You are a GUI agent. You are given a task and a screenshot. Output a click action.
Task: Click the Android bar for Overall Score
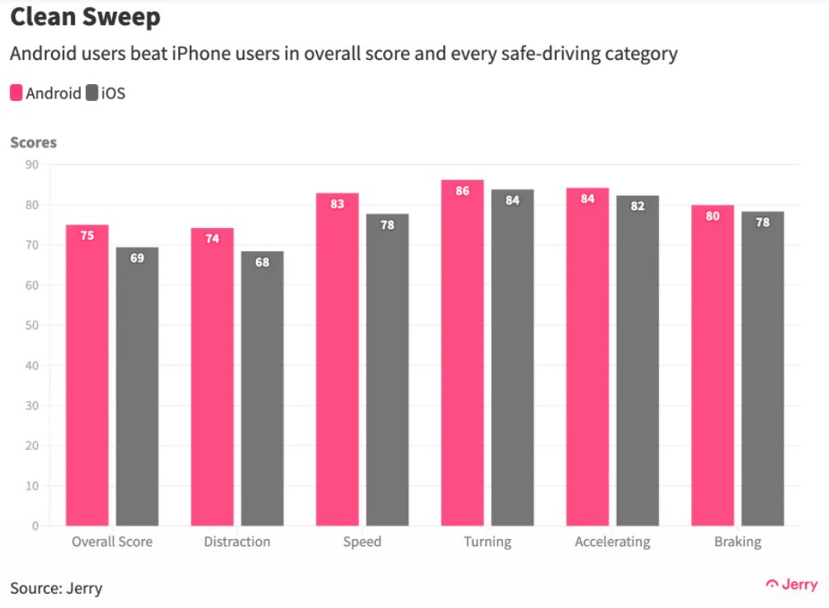87,376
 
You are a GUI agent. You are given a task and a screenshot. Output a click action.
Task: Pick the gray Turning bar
512,358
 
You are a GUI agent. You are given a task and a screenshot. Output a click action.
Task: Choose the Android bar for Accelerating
587,357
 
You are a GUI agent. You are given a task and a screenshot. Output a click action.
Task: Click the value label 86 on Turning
462,191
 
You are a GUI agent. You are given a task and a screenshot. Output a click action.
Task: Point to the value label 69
137,258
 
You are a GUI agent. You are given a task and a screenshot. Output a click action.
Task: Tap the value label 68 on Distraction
262,263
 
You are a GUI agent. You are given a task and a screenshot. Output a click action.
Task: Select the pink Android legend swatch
16,93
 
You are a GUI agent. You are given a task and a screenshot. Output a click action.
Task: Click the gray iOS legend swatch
91,93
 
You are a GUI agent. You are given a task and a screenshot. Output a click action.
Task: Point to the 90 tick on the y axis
31,165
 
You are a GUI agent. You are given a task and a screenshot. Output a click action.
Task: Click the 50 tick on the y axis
31,325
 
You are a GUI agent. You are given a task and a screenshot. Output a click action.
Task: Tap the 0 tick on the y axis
35,526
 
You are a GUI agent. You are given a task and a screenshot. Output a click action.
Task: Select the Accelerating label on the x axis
612,542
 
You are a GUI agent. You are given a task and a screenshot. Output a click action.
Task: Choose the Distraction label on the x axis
236,542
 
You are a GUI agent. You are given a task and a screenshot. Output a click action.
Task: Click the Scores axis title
33,142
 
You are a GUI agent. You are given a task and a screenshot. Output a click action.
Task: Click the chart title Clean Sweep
85,18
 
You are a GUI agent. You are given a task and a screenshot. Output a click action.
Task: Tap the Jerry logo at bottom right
791,585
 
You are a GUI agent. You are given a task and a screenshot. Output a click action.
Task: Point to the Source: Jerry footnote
56,588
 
